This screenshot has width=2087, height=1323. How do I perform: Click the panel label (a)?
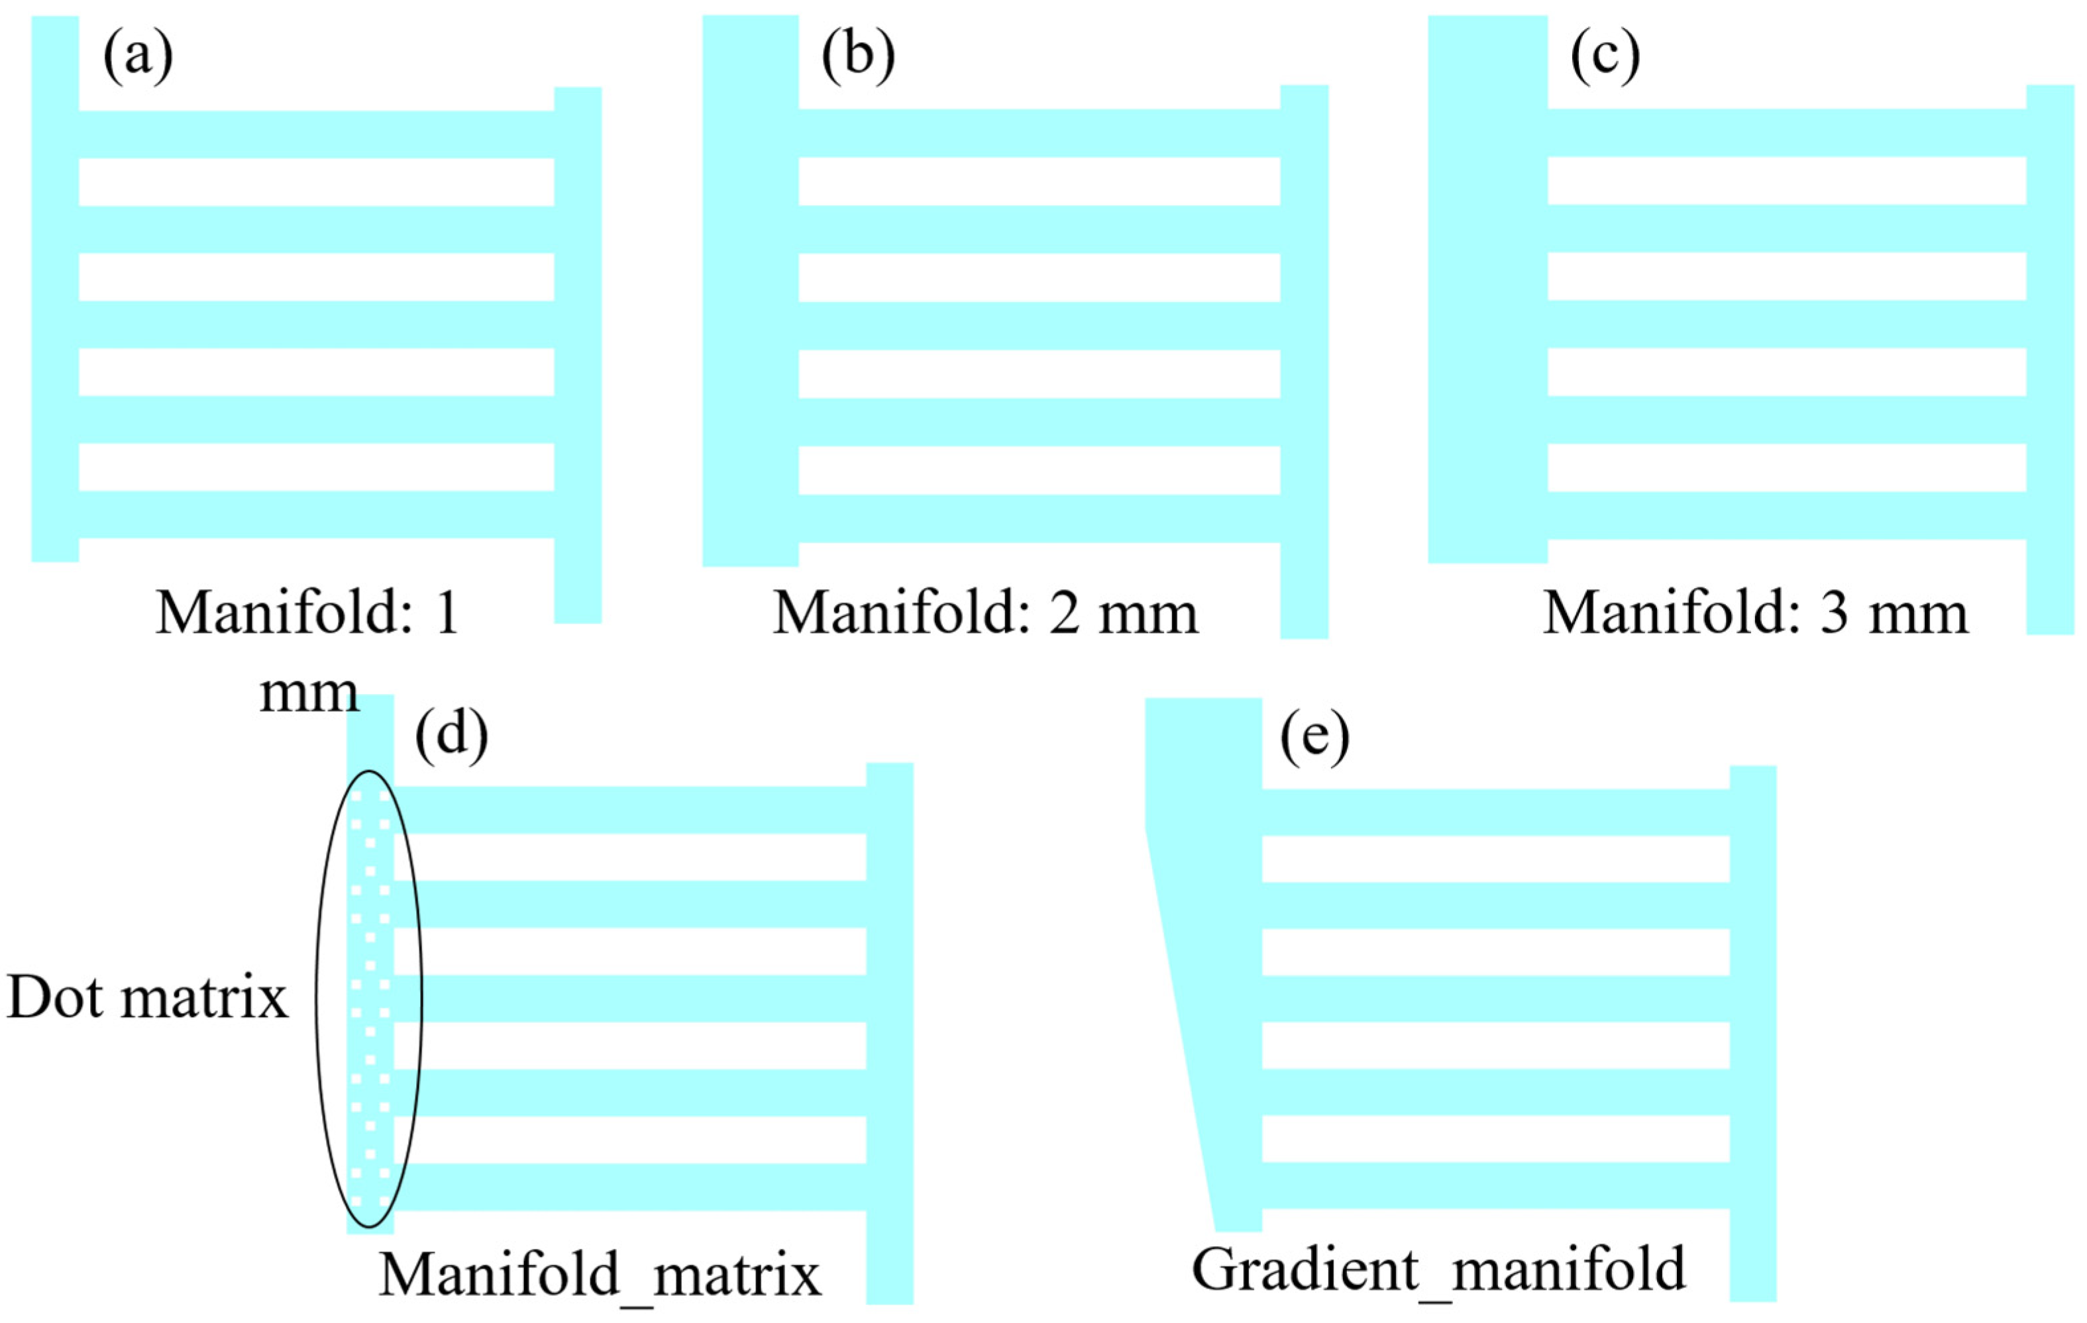[138, 56]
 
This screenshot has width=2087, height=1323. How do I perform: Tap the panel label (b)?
[858, 56]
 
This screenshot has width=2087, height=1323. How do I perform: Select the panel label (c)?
[1605, 56]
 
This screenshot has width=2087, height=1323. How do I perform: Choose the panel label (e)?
[1314, 737]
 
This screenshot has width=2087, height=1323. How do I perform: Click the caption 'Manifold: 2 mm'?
[985, 613]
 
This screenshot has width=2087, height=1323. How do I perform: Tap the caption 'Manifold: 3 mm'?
[1756, 613]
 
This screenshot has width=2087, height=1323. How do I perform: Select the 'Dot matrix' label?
[147, 997]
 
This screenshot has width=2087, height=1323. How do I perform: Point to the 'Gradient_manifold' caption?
[1439, 1269]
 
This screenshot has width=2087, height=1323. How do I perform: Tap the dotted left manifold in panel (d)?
[370, 997]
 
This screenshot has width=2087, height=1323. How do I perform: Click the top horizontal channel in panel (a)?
[316, 134]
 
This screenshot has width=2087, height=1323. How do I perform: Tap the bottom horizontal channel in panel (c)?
[1786, 516]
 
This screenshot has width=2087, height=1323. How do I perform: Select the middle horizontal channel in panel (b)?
[1039, 326]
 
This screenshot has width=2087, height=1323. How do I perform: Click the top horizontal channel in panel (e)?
[1495, 812]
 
